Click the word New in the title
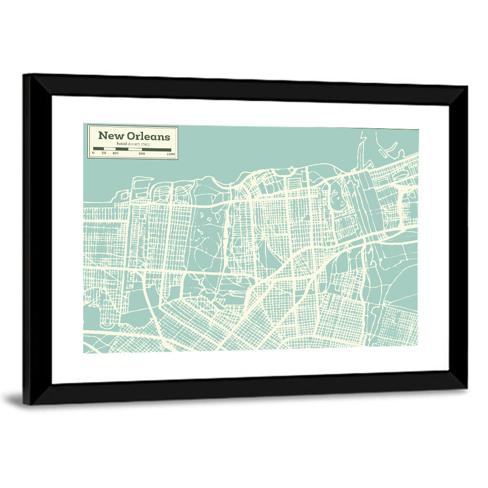pos(111,136)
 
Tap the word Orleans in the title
pos(148,136)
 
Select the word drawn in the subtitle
pos(132,144)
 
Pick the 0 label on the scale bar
pos(93,154)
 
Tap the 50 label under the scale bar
pos(103,154)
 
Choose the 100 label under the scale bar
pos(115,154)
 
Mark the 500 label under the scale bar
pos(142,154)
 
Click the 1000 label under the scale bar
pos(170,154)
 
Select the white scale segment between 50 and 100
pos(109,149)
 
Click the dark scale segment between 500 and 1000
pos(156,149)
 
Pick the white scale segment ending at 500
pos(135,149)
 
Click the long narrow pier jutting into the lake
pos(361,149)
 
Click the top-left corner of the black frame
pos(24,75)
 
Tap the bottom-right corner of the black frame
pos(466,388)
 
